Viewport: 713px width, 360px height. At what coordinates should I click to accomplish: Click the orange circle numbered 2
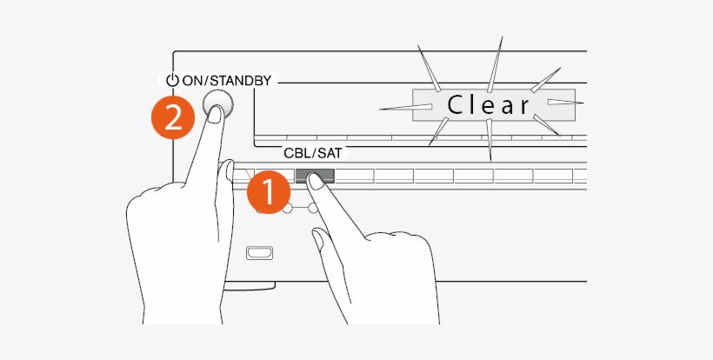click(x=173, y=117)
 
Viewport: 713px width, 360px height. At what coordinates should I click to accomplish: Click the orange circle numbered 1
click(x=269, y=192)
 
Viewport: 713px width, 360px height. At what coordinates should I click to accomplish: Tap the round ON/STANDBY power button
click(x=217, y=104)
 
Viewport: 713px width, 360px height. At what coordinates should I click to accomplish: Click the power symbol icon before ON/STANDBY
click(x=172, y=81)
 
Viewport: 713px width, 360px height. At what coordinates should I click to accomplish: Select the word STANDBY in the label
click(x=241, y=81)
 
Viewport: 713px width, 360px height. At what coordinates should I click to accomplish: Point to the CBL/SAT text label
click(x=312, y=153)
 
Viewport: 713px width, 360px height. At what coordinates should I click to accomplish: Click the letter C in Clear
click(x=455, y=105)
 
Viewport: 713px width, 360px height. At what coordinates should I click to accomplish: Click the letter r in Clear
click(x=524, y=107)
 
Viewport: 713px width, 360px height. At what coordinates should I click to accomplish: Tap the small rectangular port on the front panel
click(x=260, y=253)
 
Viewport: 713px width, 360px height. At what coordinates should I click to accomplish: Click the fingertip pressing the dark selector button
click(x=315, y=181)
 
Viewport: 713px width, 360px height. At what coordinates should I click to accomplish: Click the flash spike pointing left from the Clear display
click(x=405, y=107)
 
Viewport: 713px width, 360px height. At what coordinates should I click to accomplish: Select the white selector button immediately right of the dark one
click(x=354, y=176)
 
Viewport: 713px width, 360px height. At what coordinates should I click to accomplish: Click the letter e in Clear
click(x=489, y=107)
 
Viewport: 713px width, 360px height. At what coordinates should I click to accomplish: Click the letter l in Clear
click(x=472, y=105)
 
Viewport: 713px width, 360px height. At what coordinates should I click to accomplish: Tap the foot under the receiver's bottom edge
click(x=250, y=286)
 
